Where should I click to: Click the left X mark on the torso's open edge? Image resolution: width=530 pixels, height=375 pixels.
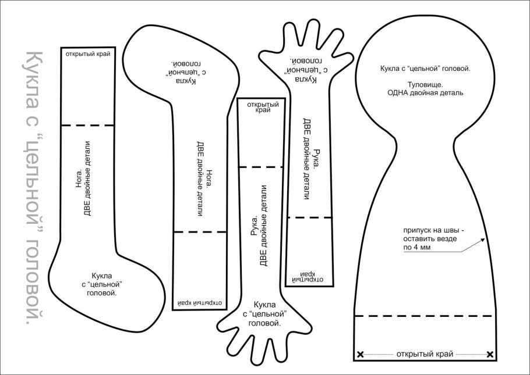[x=360, y=354]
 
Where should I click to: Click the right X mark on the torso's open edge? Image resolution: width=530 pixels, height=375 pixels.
[x=490, y=354]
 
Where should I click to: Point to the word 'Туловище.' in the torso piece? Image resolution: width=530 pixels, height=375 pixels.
[x=425, y=84]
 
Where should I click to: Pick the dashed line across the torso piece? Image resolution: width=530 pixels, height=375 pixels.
[x=425, y=316]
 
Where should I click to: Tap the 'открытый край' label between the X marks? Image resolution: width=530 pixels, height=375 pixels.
[x=425, y=354]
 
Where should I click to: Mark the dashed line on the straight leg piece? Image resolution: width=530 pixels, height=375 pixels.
[x=88, y=125]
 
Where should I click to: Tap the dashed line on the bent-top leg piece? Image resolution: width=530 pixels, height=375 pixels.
[x=199, y=232]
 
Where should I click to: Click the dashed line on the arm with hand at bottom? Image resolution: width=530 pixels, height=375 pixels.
[x=261, y=167]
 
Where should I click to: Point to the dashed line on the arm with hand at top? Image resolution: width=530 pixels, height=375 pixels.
[x=309, y=217]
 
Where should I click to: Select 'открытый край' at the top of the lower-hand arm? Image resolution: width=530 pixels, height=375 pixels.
[x=263, y=107]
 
